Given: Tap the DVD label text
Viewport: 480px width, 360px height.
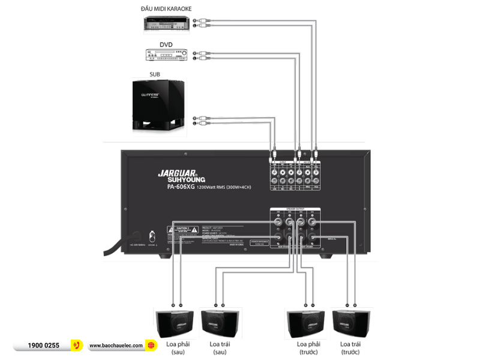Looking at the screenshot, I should pyautogui.click(x=166, y=44).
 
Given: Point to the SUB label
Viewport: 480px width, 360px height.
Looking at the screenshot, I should pyautogui.click(x=155, y=74).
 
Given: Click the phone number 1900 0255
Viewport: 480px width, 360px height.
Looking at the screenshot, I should pyautogui.click(x=44, y=346).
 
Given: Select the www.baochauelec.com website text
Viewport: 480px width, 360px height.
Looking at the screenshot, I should pyautogui.click(x=116, y=346).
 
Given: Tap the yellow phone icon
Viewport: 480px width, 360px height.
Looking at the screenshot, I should pyautogui.click(x=76, y=345).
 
